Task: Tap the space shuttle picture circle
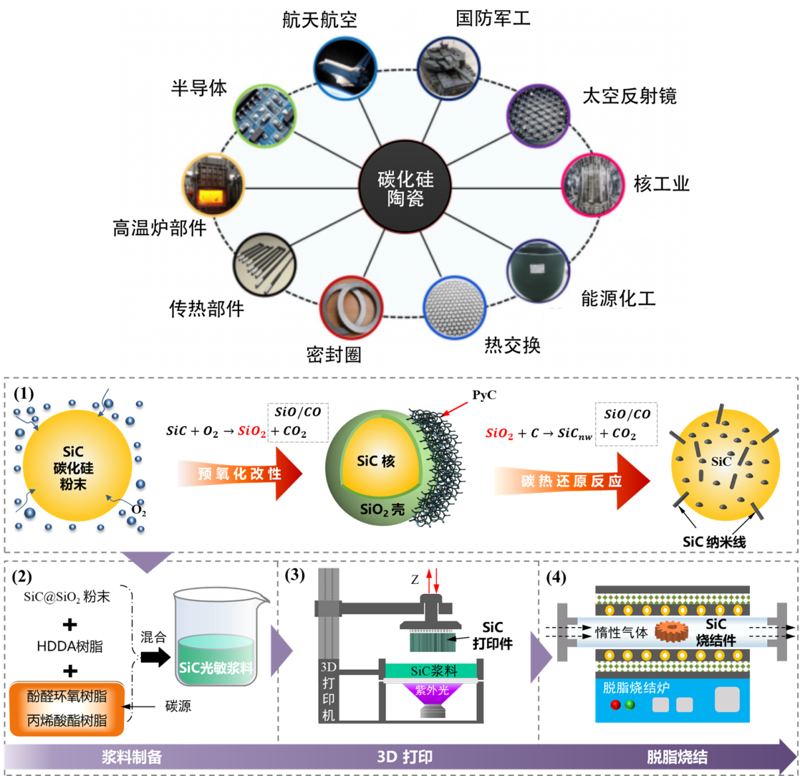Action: pyautogui.click(x=345, y=68)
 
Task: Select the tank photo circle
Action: pyautogui.click(x=448, y=68)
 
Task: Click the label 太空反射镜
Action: pyautogui.click(x=629, y=96)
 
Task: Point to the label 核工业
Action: pyautogui.click(x=661, y=184)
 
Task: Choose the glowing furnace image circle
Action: pyautogui.click(x=214, y=185)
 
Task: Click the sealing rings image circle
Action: pyautogui.click(x=351, y=307)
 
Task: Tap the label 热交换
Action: pyautogui.click(x=512, y=345)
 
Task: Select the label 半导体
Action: pyautogui.click(x=199, y=88)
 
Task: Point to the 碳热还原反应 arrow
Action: pyautogui.click(x=571, y=481)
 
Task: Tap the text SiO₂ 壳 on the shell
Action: pyautogui.click(x=382, y=510)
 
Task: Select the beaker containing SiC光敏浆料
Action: pyautogui.click(x=216, y=637)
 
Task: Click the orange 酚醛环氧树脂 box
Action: pyautogui.click(x=67, y=696)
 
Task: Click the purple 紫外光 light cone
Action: pyautogui.click(x=432, y=696)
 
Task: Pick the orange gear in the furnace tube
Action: pyautogui.click(x=671, y=631)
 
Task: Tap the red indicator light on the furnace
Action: pyautogui.click(x=615, y=705)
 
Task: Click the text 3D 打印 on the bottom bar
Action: pyautogui.click(x=404, y=757)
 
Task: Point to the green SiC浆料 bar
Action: pyautogui.click(x=432, y=671)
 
